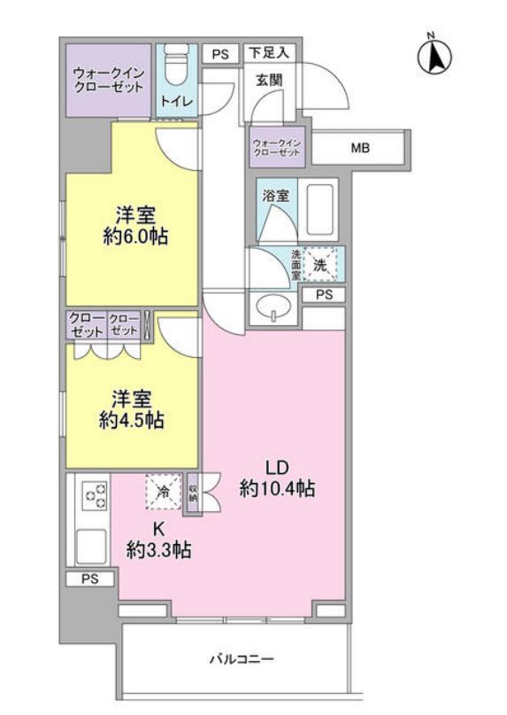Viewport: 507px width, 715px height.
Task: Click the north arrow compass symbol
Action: click(x=434, y=56)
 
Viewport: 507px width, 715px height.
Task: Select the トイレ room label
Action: click(x=177, y=101)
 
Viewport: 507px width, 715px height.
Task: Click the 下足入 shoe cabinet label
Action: click(x=269, y=53)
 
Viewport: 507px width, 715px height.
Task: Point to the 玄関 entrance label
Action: click(x=269, y=81)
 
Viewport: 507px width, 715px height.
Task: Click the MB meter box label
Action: click(x=360, y=148)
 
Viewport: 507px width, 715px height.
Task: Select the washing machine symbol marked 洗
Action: click(x=320, y=264)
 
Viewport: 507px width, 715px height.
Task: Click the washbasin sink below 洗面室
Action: click(x=273, y=308)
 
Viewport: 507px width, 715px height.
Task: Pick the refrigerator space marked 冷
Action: click(x=163, y=492)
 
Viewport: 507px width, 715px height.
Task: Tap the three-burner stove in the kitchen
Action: click(x=95, y=496)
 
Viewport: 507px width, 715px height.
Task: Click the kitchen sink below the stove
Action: click(x=91, y=546)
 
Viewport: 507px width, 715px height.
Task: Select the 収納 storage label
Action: click(x=193, y=494)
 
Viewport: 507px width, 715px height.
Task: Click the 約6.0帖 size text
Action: click(x=135, y=237)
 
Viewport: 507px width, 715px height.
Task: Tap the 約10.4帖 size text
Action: click(x=277, y=489)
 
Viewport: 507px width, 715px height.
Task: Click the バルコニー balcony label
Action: click(x=242, y=659)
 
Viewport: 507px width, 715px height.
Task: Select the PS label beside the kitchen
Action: click(x=89, y=579)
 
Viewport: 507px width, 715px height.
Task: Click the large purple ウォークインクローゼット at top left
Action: click(x=109, y=81)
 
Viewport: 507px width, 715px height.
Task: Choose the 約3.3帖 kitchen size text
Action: click(x=158, y=551)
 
